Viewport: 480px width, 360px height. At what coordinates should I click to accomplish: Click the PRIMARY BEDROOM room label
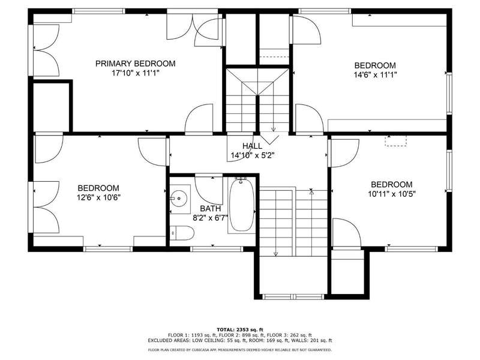coord(136,64)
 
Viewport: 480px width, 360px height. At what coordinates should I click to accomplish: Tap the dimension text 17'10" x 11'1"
coord(136,73)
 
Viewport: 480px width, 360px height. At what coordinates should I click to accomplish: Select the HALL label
coord(252,146)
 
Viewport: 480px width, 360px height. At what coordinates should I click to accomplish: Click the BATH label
coord(211,209)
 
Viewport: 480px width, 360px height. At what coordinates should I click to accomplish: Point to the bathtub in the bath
coord(242,205)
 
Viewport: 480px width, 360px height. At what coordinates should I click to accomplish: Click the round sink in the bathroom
coord(179,199)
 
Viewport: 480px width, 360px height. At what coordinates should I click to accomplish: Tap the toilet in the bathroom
coord(182,233)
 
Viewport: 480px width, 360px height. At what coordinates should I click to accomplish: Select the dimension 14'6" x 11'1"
coord(376,75)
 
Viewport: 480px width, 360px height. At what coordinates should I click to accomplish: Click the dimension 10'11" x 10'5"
coord(392,194)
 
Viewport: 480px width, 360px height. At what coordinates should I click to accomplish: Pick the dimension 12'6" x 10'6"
coord(98,197)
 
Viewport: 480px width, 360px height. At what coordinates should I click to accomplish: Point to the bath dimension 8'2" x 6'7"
coord(211,218)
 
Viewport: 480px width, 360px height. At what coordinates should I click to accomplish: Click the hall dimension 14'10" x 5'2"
coord(252,155)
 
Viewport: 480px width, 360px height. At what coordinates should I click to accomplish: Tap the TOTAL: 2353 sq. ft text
coord(240,329)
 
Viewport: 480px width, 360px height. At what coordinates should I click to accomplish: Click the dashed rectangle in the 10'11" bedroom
coord(396,140)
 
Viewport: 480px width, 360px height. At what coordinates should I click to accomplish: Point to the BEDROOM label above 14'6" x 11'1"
coord(375,65)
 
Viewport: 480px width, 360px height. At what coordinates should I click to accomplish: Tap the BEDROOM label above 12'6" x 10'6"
coord(98,188)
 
